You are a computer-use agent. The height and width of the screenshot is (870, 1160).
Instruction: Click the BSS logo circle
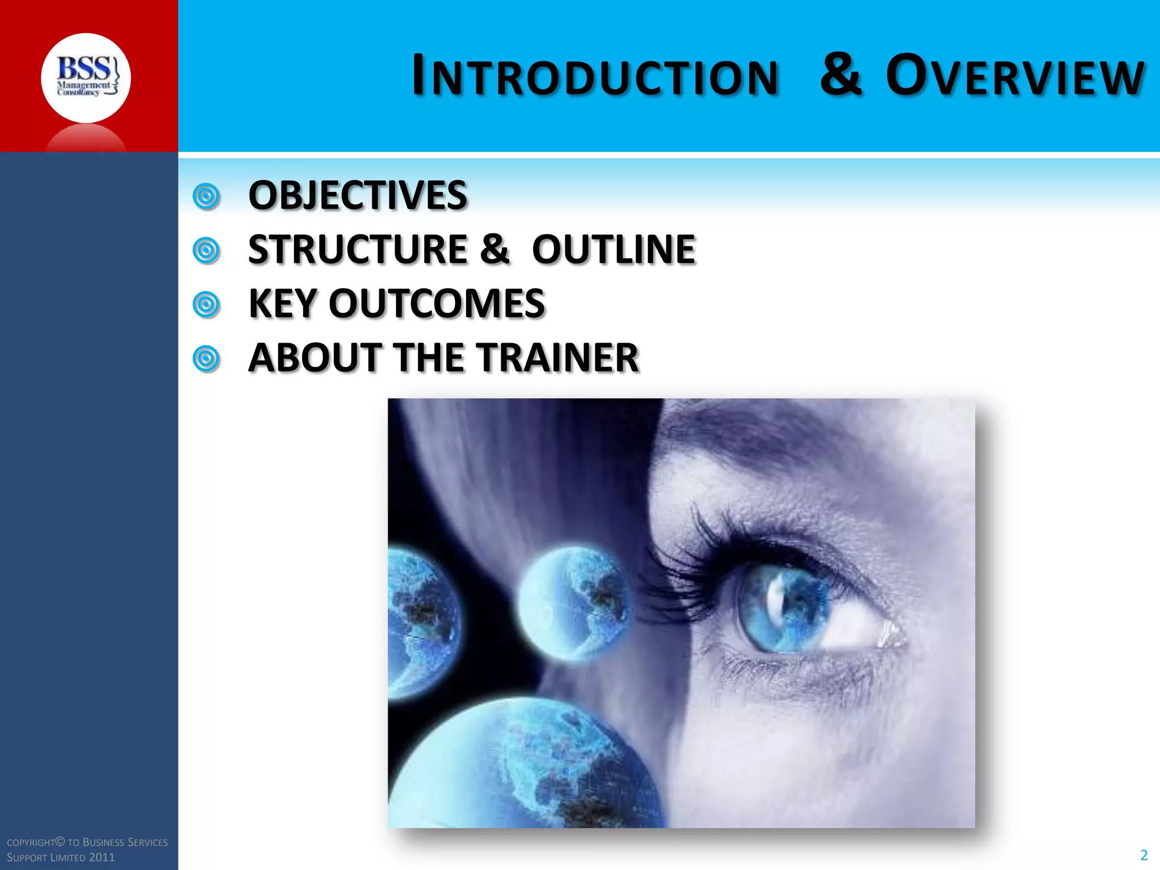coord(86,78)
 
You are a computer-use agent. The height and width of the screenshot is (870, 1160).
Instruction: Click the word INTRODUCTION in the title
coord(595,76)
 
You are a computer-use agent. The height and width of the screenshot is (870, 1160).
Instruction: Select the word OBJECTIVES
coord(357,195)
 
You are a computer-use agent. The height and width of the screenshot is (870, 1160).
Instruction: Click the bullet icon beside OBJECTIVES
coord(206,197)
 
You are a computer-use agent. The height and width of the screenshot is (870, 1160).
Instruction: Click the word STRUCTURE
coord(357,249)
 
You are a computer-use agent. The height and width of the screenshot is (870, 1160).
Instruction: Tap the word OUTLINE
coord(613,249)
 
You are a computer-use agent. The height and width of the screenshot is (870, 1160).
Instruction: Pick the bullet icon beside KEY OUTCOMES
coord(206,305)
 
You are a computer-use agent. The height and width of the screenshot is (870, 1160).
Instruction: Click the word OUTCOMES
coord(436,304)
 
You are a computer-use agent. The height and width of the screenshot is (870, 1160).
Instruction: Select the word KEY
coord(282,304)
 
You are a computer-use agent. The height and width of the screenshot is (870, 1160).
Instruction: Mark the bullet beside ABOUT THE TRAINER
coord(206,359)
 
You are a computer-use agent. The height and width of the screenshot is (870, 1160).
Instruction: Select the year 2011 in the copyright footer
coord(102,858)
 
